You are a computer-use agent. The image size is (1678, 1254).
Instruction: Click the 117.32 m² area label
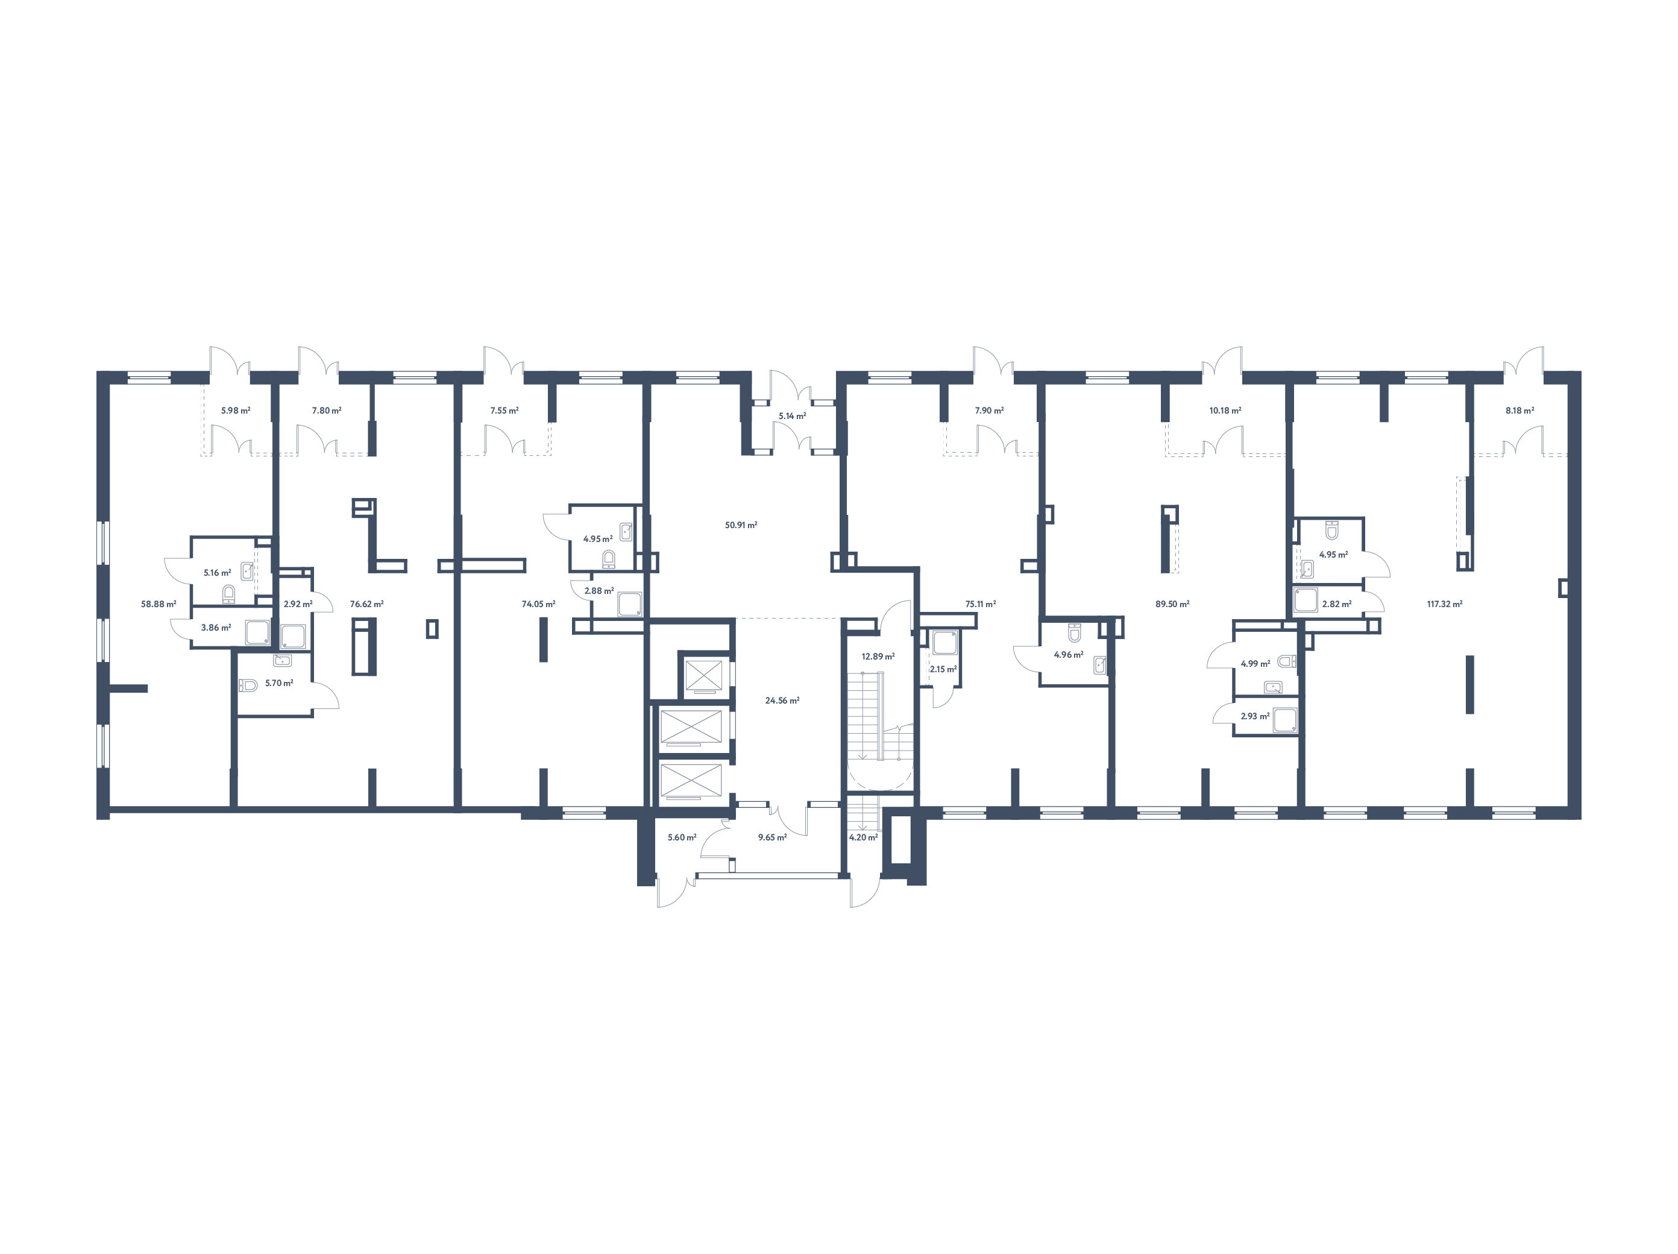click(1444, 605)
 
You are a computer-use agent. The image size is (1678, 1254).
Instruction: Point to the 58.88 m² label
click(158, 605)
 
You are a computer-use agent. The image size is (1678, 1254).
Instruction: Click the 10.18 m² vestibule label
click(1224, 411)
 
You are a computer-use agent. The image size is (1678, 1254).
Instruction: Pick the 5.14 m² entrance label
click(791, 416)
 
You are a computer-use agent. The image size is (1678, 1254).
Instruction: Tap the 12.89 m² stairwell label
click(877, 656)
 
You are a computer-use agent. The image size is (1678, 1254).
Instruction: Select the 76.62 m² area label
click(366, 605)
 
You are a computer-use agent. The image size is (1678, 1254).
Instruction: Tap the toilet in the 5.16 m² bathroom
click(228, 593)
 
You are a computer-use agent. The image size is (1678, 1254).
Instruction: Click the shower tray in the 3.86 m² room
click(256, 631)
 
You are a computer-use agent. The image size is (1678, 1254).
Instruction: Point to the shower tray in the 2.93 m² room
click(1284, 719)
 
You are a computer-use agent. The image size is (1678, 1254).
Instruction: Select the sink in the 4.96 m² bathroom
click(1099, 666)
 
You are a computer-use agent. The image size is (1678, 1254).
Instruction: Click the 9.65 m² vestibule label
click(771, 837)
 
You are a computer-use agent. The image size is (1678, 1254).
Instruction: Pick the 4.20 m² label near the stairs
click(863, 837)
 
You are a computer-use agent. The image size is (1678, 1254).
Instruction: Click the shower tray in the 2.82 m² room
click(1306, 600)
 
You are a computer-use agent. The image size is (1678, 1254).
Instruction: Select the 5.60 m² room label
click(681, 837)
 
